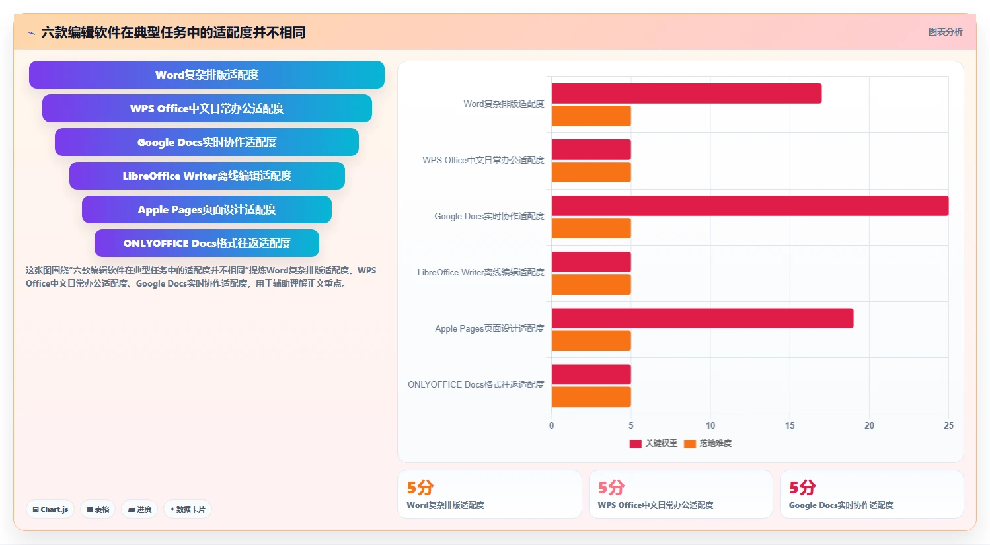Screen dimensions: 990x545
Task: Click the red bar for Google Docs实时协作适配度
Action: click(x=750, y=206)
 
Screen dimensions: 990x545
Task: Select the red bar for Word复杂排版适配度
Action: click(x=687, y=94)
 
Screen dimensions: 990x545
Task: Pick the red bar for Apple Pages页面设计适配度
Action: click(x=703, y=318)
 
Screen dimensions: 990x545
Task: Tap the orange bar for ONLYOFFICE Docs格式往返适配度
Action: click(x=591, y=396)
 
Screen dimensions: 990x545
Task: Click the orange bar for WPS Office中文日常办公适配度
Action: click(x=591, y=172)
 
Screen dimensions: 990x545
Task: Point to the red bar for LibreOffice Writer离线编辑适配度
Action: click(x=591, y=262)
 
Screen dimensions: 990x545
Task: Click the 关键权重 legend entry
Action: click(x=653, y=443)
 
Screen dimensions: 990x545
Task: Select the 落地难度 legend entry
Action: click(x=708, y=443)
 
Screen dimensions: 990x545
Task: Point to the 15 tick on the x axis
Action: click(x=790, y=425)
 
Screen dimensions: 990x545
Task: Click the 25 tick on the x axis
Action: click(x=948, y=425)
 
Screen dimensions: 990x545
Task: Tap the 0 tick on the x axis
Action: click(x=552, y=425)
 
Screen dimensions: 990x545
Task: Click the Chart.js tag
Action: click(x=50, y=509)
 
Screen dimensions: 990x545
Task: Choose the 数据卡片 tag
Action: click(x=188, y=509)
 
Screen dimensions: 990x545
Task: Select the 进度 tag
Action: click(x=139, y=509)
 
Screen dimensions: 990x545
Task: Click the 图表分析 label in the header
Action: click(x=945, y=32)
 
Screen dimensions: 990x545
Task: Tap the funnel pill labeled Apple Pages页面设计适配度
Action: click(x=207, y=209)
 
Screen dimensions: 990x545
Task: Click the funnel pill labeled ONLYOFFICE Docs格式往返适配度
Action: click(x=207, y=243)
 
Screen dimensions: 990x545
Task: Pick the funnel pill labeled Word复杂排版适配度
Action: click(x=207, y=75)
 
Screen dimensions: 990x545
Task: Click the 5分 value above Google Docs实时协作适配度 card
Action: click(x=802, y=488)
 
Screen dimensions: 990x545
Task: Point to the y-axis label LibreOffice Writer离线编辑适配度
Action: click(x=480, y=272)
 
